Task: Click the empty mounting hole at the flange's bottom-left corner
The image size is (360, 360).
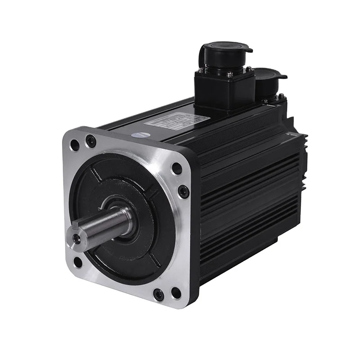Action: tap(77, 262)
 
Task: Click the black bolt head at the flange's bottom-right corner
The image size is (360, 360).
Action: tap(158, 295)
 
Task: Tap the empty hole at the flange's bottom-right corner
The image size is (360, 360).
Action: tap(176, 293)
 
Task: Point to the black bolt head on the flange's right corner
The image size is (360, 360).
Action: tap(183, 191)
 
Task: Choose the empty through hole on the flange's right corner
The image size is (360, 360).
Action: tap(177, 168)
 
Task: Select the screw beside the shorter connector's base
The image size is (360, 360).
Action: tap(280, 96)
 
